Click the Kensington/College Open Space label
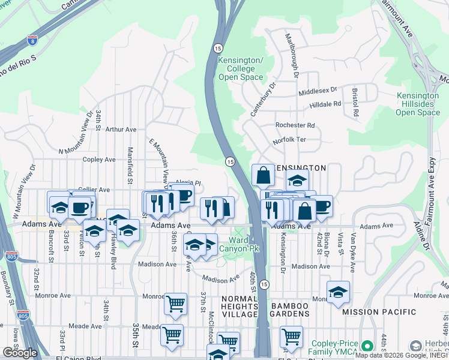pos(241,69)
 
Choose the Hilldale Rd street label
pos(325,104)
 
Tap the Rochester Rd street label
pos(295,125)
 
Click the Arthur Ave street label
pos(121,129)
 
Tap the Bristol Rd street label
pos(355,103)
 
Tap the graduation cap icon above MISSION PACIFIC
pos(338,291)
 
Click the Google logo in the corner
pos(20,353)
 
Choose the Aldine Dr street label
pos(427,238)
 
